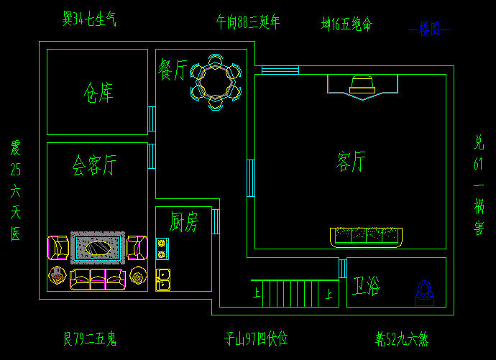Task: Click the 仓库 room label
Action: (x=98, y=92)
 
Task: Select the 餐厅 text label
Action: (x=173, y=70)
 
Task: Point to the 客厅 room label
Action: (x=351, y=162)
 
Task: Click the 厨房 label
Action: (x=183, y=223)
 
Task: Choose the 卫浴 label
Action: (x=366, y=287)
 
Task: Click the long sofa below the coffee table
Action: (x=97, y=279)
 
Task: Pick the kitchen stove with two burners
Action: (x=162, y=248)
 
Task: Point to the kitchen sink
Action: (x=162, y=278)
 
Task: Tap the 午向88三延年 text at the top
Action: (x=248, y=22)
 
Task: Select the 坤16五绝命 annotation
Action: (x=346, y=24)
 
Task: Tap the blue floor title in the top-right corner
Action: (x=430, y=29)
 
